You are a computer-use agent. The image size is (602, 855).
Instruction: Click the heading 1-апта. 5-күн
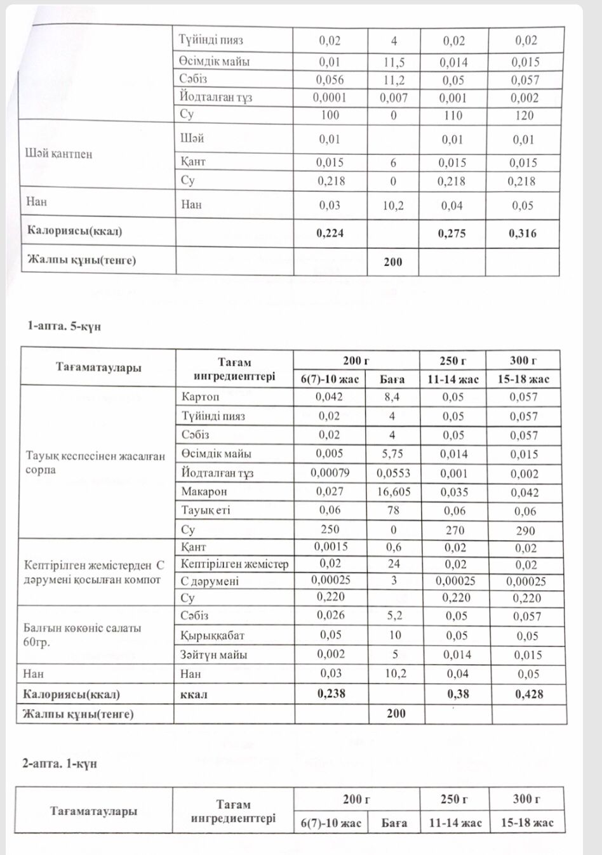tap(64, 326)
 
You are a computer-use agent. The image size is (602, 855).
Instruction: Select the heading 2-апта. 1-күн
tap(60, 764)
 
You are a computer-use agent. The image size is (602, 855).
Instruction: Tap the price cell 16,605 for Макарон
tap(394, 491)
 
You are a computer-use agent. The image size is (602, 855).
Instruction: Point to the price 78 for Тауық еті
tap(394, 510)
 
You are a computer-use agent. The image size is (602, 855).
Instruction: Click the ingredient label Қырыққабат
tap(213, 635)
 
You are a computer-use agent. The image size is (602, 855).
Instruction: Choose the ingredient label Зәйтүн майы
tap(214, 654)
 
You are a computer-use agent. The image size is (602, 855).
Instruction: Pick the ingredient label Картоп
tap(200, 397)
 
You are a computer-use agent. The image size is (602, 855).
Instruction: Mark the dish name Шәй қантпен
tap(58, 154)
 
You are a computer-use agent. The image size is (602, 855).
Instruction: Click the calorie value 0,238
tap(331, 694)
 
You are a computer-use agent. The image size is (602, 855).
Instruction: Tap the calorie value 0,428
tap(529, 694)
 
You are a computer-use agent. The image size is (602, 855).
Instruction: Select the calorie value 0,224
tap(330, 233)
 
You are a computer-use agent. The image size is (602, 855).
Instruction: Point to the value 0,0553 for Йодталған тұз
tap(394, 473)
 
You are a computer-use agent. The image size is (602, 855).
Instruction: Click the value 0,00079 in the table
tap(330, 472)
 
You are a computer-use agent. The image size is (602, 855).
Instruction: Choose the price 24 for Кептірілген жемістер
tap(394, 564)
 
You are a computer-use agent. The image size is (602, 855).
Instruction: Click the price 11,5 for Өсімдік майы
tap(394, 62)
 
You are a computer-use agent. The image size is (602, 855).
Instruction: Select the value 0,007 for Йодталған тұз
tap(394, 98)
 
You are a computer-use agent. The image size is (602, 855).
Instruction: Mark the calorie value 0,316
tap(523, 233)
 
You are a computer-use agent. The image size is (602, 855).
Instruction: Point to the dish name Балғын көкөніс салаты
tap(83, 628)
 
